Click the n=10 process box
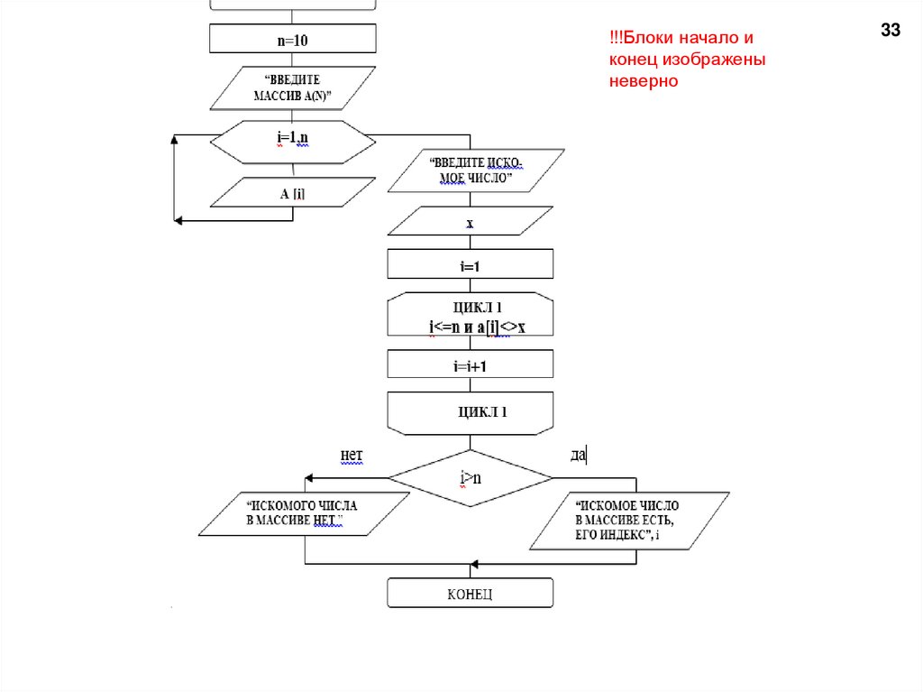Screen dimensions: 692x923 [292, 39]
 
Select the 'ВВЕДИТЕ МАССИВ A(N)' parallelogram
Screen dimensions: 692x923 [292, 88]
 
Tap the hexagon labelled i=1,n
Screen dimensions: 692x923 [292, 142]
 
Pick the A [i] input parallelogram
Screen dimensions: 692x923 [292, 191]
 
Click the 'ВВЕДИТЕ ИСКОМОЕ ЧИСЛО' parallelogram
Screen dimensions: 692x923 [475, 171]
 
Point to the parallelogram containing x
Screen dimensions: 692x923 [470, 222]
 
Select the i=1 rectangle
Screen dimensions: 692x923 [470, 264]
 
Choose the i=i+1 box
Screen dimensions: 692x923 [470, 364]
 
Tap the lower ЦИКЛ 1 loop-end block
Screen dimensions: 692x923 [470, 412]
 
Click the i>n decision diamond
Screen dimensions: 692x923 [470, 478]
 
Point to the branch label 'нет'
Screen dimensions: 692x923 [352, 456]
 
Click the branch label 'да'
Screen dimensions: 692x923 [578, 456]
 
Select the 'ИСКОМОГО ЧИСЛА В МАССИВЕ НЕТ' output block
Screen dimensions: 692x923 [296, 513]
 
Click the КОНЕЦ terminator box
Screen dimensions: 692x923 [470, 594]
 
